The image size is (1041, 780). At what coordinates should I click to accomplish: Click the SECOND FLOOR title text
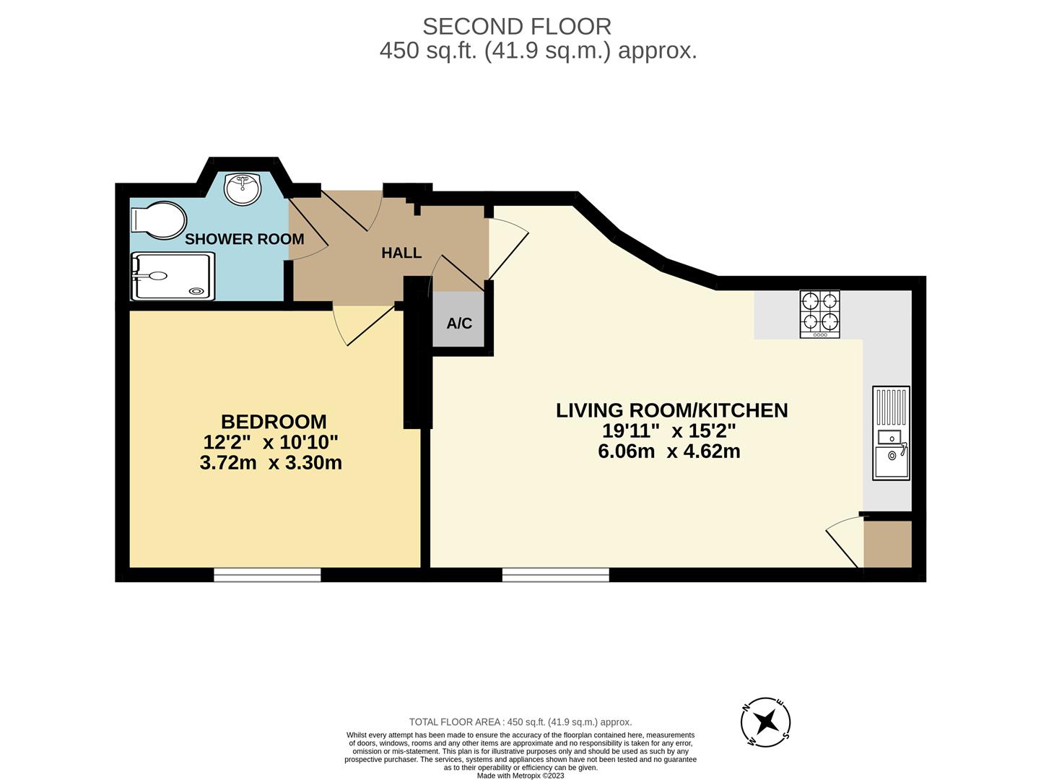517,27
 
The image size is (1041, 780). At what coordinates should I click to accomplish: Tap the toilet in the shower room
160,220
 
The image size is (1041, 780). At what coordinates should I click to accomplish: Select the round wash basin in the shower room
243,189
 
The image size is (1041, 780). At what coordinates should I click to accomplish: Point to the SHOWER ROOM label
244,239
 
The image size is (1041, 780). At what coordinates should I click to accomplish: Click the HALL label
401,253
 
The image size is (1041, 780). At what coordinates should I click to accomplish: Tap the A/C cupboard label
459,323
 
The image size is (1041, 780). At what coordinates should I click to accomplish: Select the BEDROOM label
273,422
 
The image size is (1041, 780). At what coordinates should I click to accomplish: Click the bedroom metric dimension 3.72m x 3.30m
271,463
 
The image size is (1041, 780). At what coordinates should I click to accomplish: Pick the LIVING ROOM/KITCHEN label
671,410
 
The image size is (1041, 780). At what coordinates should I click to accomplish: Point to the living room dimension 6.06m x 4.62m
669,452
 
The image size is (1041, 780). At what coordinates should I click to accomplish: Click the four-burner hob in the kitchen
819,314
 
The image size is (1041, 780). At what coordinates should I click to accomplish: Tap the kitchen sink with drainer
891,433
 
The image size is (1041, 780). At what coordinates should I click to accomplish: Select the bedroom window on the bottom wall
267,575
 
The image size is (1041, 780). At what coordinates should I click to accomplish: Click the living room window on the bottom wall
555,575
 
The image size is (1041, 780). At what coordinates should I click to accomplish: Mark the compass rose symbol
766,721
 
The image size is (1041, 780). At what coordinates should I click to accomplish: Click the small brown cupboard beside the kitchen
887,543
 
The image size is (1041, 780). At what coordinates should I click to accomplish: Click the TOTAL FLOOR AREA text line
520,722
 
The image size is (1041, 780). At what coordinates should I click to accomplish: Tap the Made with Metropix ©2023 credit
520,776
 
